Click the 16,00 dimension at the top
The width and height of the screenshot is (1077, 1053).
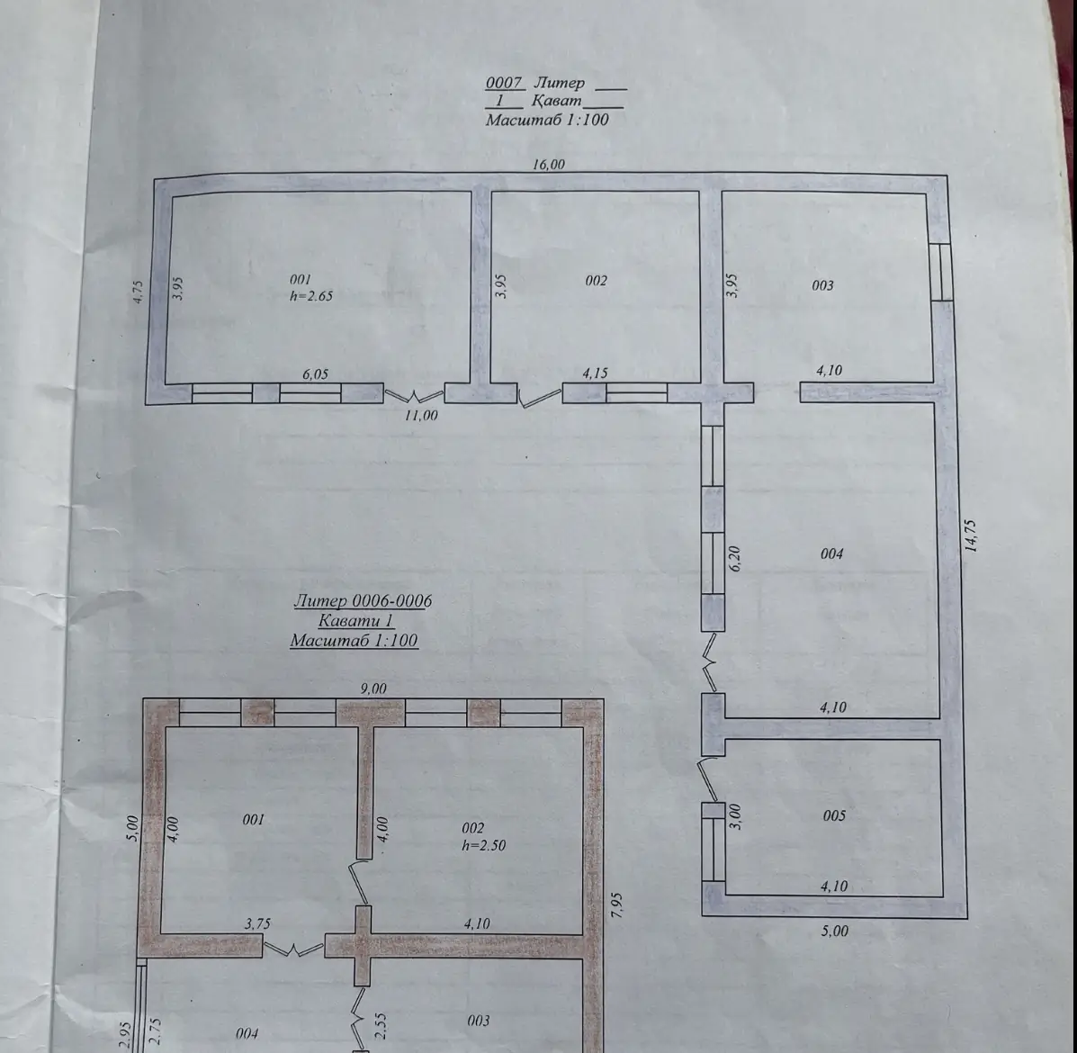549,164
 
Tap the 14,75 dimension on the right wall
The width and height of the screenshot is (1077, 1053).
971,535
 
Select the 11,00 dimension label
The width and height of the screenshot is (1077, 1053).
421,415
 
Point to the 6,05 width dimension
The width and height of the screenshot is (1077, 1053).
315,374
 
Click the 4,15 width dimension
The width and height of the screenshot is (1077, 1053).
595,373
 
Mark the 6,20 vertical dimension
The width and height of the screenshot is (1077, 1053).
734,558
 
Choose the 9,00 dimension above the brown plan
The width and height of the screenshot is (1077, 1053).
373,688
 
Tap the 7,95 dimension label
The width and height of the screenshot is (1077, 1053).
616,905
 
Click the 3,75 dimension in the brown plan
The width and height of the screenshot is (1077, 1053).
257,924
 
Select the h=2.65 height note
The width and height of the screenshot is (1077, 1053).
311,296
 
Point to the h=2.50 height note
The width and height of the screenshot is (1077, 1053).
483,845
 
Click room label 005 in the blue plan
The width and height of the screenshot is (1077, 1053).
834,815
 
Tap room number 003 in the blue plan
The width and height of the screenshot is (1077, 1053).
823,285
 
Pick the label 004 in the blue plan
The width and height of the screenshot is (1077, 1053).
831,553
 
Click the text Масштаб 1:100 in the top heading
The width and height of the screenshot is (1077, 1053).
547,120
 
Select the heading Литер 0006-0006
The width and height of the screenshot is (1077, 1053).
363,600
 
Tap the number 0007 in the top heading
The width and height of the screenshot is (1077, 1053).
504,83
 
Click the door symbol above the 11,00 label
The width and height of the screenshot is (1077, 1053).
414,396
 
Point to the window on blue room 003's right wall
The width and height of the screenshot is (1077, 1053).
941,271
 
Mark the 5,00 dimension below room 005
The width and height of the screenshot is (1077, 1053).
835,931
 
